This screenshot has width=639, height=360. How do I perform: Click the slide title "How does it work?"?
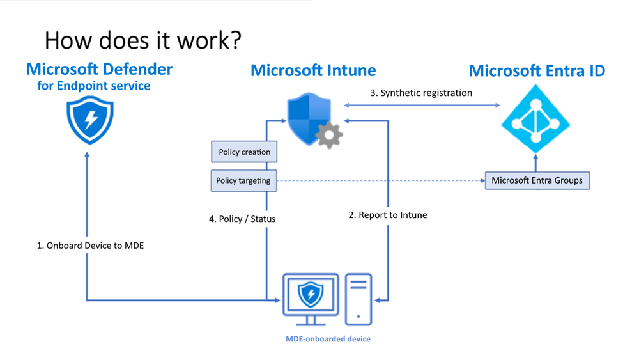(143, 40)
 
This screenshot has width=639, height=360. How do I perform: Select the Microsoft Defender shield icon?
(90, 119)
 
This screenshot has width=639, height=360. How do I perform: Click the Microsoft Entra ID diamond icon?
(535, 120)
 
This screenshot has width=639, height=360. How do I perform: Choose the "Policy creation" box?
(244, 152)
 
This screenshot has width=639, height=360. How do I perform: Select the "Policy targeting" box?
(243, 180)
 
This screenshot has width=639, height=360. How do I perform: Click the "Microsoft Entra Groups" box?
(537, 180)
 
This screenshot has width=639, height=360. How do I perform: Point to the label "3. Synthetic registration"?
(421, 93)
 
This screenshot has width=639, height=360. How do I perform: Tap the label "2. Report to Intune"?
(387, 215)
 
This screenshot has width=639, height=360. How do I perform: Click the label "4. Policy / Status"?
(242, 219)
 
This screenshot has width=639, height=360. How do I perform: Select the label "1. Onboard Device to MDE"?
(90, 245)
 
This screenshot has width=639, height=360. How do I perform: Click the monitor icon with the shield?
(311, 298)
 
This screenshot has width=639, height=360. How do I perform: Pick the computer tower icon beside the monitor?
(358, 299)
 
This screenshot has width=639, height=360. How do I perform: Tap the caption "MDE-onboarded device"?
(328, 339)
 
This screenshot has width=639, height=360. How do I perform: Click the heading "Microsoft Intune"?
(313, 70)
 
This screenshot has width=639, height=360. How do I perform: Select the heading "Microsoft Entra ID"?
(537, 70)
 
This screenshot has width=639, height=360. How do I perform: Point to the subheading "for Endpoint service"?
(94, 86)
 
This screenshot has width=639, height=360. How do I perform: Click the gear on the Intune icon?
(329, 135)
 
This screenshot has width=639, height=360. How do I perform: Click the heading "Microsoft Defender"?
(99, 68)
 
